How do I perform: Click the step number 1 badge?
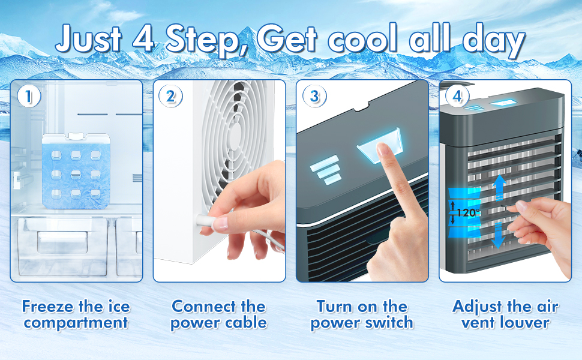click(x=29, y=96)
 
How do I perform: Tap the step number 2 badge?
click(x=170, y=96)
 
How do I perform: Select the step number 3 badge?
click(x=314, y=96)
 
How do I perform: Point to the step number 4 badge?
click(x=457, y=96)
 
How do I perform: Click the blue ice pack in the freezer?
click(x=76, y=172)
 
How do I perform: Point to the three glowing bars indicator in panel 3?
click(x=326, y=170)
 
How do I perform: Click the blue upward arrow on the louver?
click(x=500, y=187)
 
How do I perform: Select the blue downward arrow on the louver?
click(x=499, y=235)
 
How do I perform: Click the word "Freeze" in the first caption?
click(x=47, y=307)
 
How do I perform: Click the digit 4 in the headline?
click(x=143, y=38)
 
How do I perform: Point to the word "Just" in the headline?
click(x=89, y=38)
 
